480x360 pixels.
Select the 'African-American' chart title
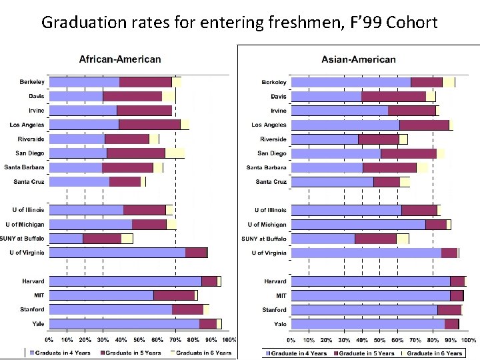[120, 59]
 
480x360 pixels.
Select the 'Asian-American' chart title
[358, 59]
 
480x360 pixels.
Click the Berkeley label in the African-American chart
[31, 82]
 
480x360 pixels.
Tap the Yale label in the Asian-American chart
[280, 324]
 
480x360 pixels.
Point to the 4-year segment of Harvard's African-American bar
[125, 281]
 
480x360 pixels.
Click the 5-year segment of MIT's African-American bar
[173, 295]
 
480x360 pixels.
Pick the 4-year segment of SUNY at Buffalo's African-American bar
[66, 239]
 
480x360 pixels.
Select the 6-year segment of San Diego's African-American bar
[175, 153]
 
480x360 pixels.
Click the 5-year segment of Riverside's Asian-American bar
[378, 139]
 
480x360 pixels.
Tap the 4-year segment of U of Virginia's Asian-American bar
[366, 253]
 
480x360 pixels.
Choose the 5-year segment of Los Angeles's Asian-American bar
[424, 125]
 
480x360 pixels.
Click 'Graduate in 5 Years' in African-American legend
[131, 353]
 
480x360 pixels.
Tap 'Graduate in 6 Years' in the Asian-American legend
[434, 353]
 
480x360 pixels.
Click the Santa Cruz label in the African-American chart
[29, 182]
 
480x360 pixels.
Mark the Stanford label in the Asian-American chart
[274, 310]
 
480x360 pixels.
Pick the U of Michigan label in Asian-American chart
[267, 225]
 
